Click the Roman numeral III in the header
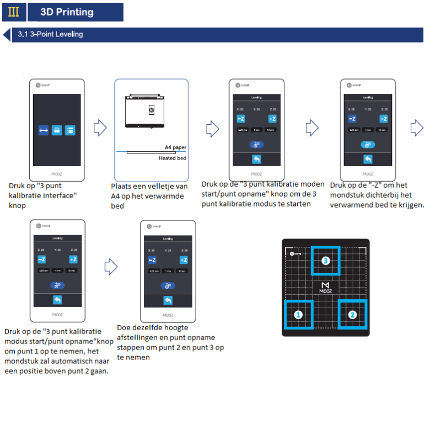[13, 12]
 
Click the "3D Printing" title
[67, 12]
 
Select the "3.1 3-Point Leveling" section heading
[50, 34]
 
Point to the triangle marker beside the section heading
[7, 35]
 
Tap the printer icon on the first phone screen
[57, 130]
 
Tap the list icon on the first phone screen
[70, 130]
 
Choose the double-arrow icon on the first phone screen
[44, 130]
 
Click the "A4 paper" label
[175, 147]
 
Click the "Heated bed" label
[172, 158]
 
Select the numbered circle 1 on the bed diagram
[298, 315]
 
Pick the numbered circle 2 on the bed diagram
[353, 315]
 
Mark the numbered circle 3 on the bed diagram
[325, 261]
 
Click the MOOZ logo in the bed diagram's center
[325, 288]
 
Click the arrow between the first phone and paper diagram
[100, 128]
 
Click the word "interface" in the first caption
[59, 195]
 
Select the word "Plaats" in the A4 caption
[122, 187]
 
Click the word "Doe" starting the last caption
[124, 327]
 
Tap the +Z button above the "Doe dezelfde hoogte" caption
[184, 260]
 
